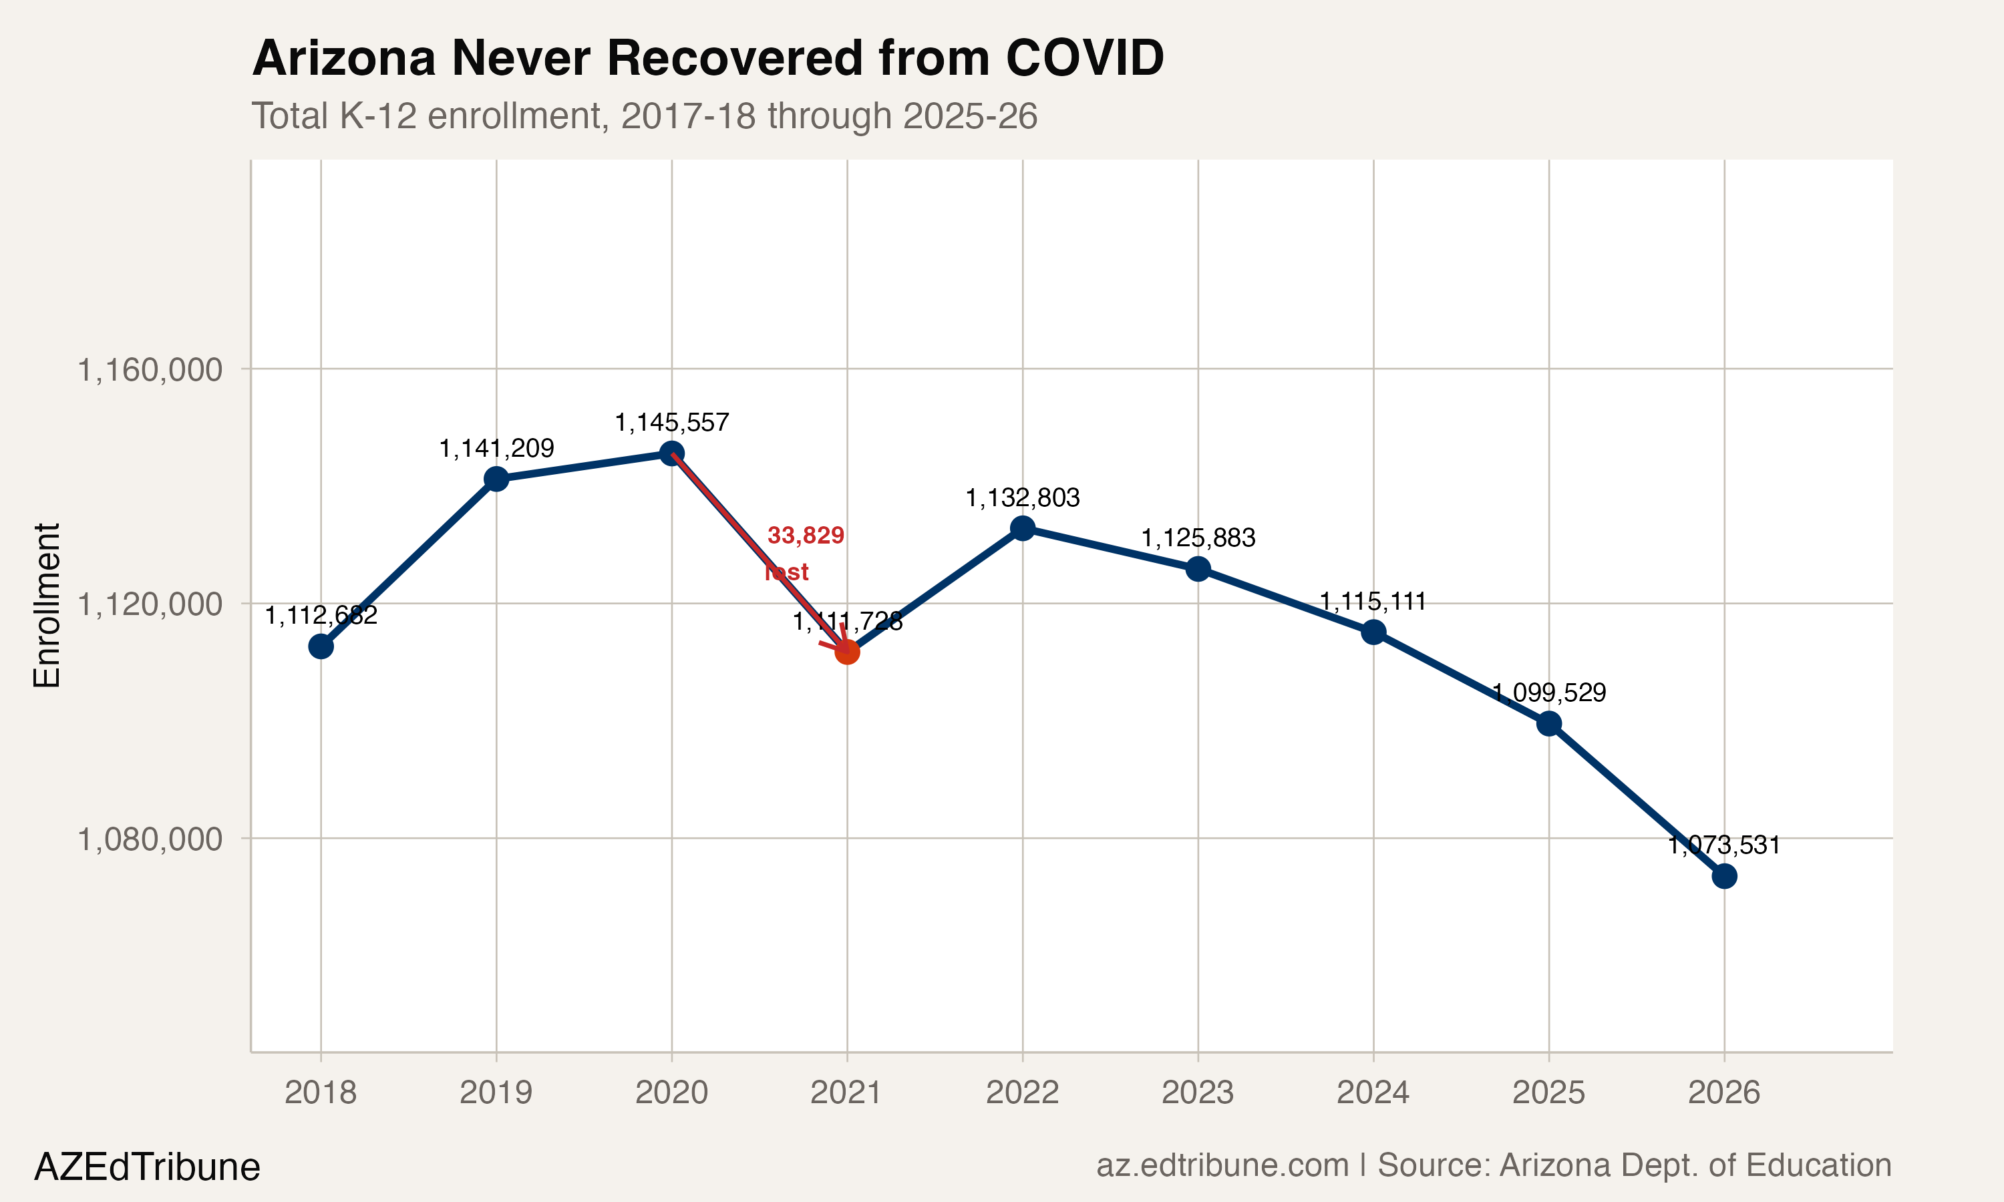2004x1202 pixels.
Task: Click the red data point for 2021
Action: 847,652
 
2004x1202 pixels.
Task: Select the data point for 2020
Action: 671,453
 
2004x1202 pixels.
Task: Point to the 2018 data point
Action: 321,646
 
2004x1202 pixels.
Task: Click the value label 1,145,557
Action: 671,423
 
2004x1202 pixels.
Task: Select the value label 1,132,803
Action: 1022,498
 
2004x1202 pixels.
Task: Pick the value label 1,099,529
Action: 1549,692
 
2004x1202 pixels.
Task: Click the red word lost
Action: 786,572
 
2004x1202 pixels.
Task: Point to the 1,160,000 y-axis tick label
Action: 149,370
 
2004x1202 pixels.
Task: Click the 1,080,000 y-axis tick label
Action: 149,839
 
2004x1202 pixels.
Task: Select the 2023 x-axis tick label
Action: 1197,1092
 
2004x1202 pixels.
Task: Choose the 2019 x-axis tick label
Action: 496,1092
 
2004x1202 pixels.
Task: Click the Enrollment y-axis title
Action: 47,605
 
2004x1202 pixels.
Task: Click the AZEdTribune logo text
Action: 146,1167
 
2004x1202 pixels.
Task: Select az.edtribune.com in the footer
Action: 1222,1165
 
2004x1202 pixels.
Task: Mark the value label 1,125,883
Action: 1198,538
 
